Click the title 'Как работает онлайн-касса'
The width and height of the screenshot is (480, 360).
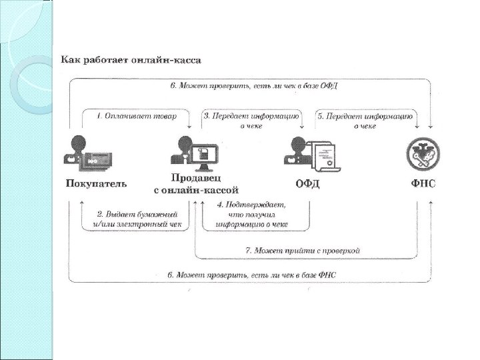click(131, 60)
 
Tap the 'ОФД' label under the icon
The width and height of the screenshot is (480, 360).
click(307, 183)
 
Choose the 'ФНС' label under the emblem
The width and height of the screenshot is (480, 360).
click(423, 183)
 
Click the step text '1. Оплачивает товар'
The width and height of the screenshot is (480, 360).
click(137, 116)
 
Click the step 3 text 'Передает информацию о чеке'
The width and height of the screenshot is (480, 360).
click(252, 121)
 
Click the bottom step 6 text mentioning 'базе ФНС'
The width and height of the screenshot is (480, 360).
click(252, 275)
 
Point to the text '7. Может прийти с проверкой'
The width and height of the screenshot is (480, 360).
click(303, 251)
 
